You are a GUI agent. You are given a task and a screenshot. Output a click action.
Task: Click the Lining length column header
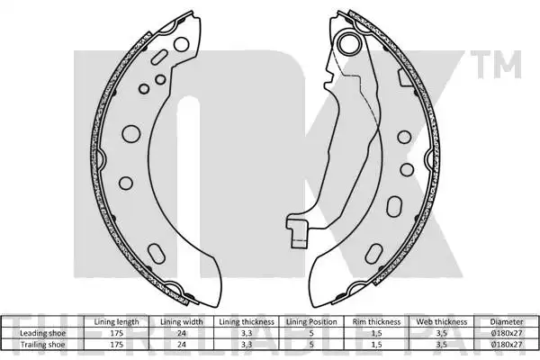tap(116, 322)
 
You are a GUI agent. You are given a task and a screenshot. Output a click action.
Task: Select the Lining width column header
tap(182, 322)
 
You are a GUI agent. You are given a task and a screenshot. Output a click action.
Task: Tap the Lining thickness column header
tap(247, 322)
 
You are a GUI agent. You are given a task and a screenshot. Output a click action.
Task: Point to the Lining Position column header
tap(311, 322)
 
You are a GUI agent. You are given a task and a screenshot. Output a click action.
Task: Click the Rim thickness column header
tap(376, 322)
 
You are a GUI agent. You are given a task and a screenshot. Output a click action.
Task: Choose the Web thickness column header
tap(442, 322)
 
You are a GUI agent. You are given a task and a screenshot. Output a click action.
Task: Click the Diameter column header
tap(507, 322)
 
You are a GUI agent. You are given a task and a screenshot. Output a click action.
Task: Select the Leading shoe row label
tap(42, 333)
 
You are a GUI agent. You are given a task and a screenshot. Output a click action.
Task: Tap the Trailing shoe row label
tap(42, 344)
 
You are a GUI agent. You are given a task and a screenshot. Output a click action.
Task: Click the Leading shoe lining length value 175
tap(116, 333)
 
